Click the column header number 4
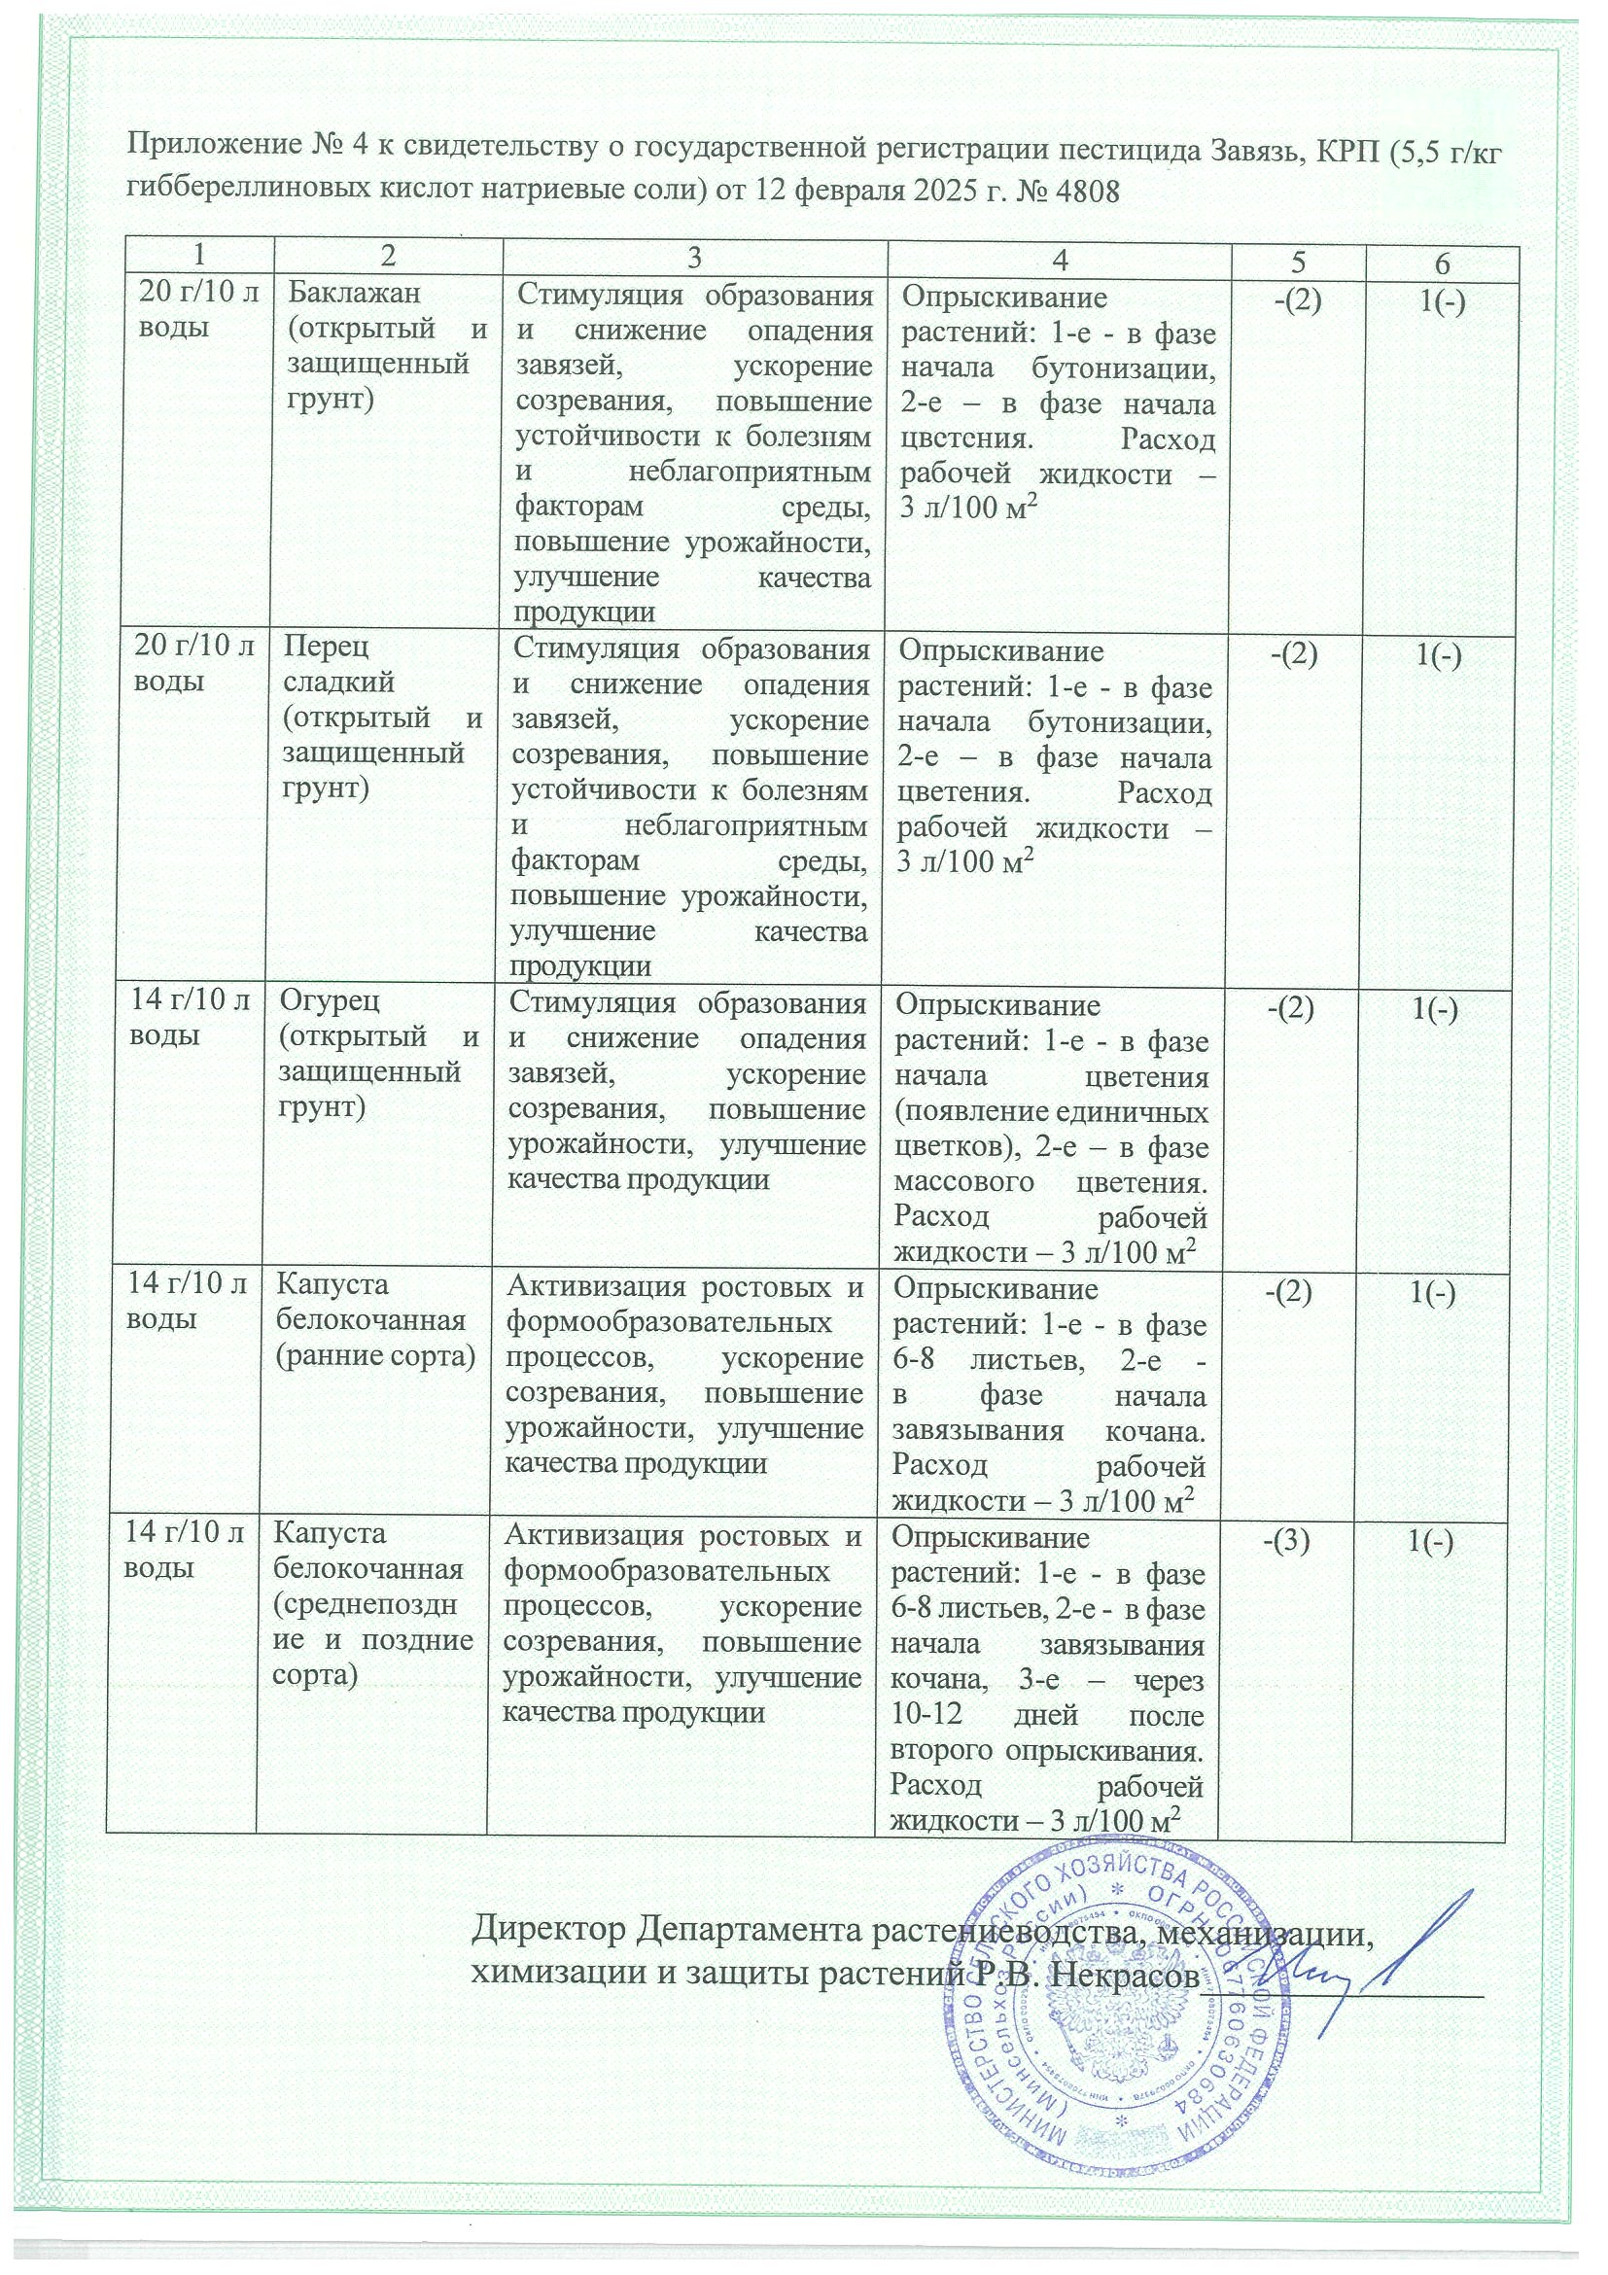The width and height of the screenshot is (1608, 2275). point(1061,260)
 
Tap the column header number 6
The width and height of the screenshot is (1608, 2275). point(1442,263)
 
